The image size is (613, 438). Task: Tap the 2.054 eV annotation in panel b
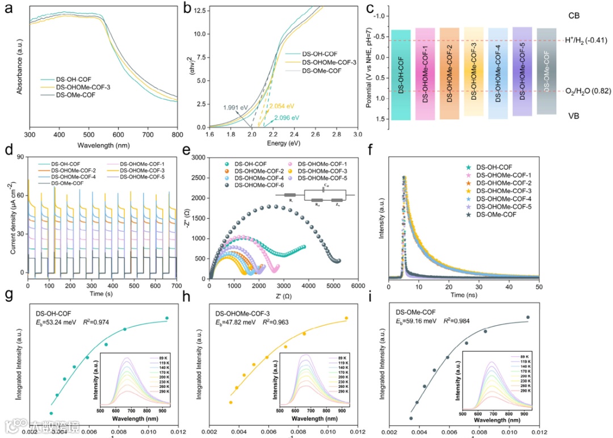[282, 106]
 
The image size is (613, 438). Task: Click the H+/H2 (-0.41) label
[586, 40]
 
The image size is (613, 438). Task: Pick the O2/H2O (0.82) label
[586, 91]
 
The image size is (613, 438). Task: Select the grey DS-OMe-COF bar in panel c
[546, 71]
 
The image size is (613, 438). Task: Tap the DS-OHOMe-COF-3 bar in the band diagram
[474, 71]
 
